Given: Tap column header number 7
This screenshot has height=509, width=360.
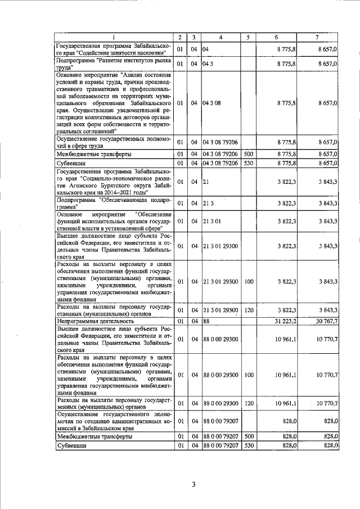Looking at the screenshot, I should point(317,37).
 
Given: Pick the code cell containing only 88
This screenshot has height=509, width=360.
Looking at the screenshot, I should point(206,321).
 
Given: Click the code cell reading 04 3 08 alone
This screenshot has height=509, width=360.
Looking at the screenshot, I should point(211,103).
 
